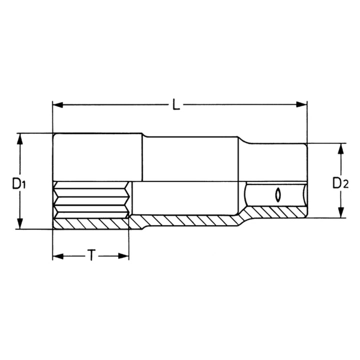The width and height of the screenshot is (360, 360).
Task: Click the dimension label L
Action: [x=176, y=104]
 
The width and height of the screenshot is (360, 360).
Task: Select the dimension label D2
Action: [x=340, y=183]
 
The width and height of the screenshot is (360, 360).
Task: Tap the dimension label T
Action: [x=91, y=256]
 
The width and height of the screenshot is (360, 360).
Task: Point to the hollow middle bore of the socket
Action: [x=185, y=199]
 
